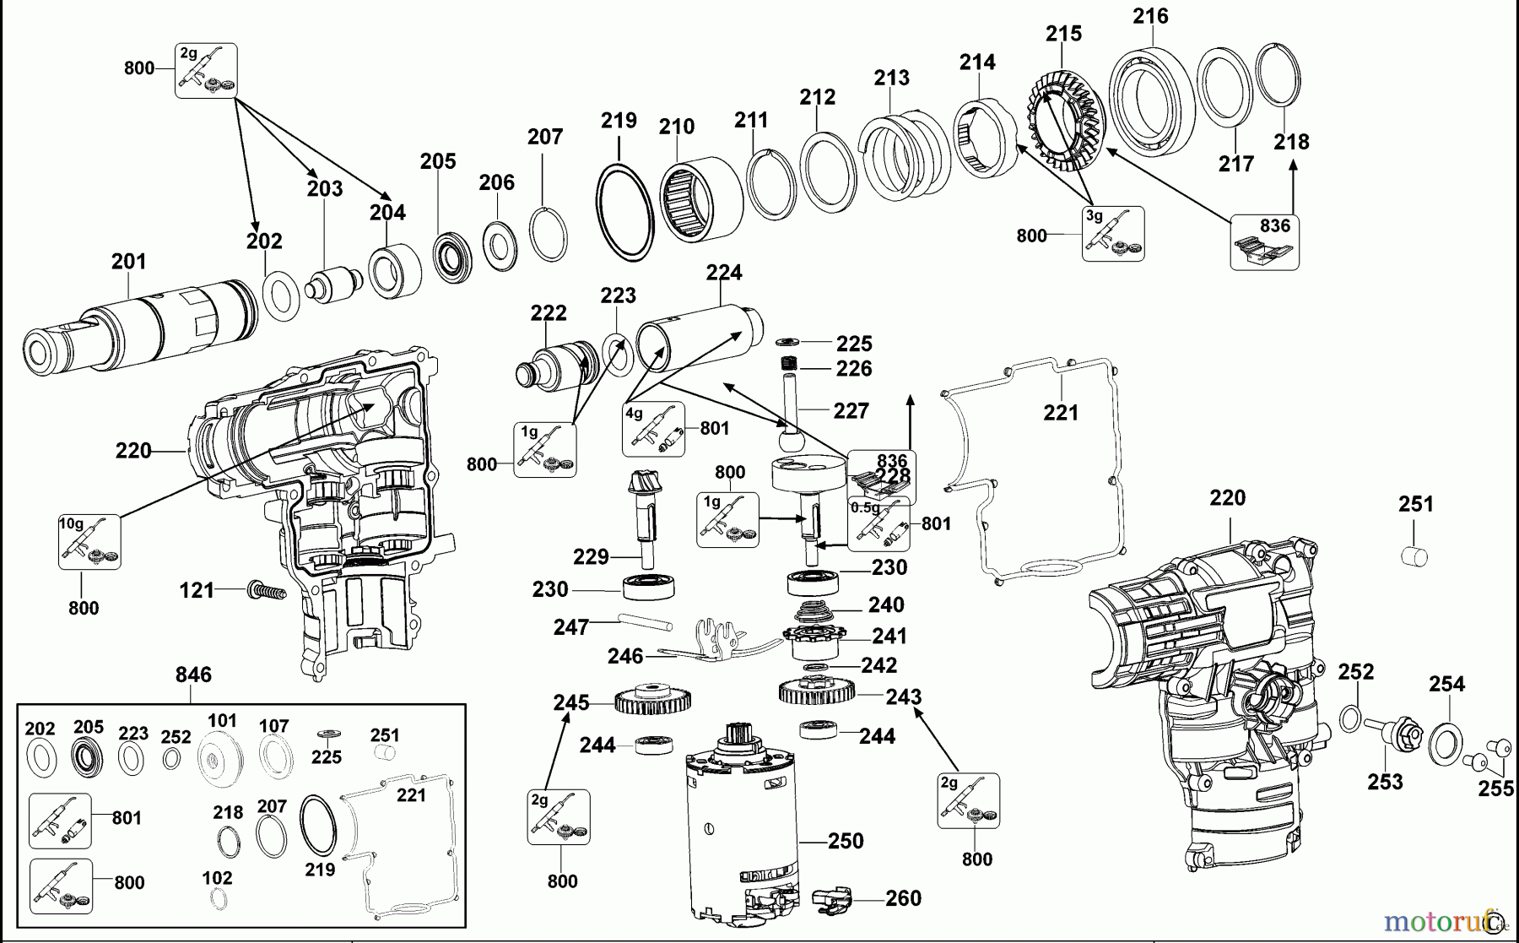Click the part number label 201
click(128, 262)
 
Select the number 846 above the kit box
click(193, 675)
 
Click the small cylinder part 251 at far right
click(1414, 556)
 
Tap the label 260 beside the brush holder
click(903, 898)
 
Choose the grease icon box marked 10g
click(89, 541)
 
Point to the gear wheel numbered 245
click(653, 700)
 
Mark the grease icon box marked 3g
click(1113, 233)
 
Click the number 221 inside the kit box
click(411, 795)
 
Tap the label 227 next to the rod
click(851, 410)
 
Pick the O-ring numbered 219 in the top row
click(625, 213)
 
